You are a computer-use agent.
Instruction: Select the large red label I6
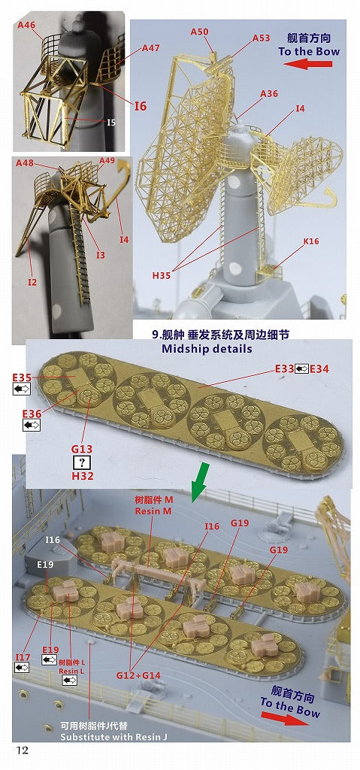pos(140,106)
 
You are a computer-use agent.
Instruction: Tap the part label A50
pos(200,32)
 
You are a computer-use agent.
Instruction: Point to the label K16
pos(311,241)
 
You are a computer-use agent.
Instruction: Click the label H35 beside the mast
pos(162,276)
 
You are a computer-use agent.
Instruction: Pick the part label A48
pos(26,164)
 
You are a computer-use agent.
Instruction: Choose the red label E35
pos(22,377)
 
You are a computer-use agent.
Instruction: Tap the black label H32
pos(78,477)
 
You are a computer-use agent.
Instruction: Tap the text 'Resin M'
pos(154,511)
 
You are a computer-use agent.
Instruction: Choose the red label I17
pos(23,657)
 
